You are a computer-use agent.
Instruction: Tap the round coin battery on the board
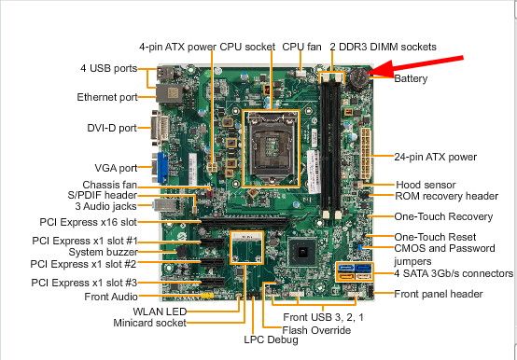tap(358, 80)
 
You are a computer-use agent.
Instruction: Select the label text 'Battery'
tap(411, 78)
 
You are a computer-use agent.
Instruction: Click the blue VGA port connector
tap(162, 168)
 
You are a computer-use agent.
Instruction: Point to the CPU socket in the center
tap(271, 148)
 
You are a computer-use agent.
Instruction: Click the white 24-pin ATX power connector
tap(366, 153)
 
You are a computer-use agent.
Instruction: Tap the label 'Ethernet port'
tap(107, 97)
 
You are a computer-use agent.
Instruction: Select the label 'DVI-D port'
tap(112, 128)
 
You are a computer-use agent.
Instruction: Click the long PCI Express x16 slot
tap(244, 223)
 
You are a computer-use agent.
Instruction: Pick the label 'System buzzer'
tap(103, 252)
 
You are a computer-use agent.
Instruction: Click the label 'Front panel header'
tap(439, 294)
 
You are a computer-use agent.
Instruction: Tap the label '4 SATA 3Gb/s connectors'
tap(454, 273)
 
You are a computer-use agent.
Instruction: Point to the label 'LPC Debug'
tap(271, 339)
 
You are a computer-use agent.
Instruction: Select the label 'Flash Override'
tap(316, 330)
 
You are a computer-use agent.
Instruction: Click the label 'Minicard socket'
tap(149, 323)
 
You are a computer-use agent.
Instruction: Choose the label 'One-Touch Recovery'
tap(443, 216)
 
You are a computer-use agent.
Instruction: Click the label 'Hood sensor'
tap(426, 185)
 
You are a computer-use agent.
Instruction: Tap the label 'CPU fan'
tap(301, 47)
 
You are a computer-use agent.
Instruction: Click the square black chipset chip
tap(301, 252)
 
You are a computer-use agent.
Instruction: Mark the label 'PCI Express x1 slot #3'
tap(84, 283)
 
